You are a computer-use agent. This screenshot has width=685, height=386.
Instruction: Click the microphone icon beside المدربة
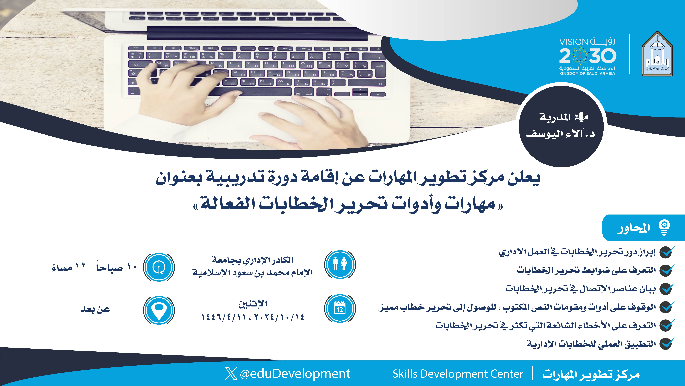581,117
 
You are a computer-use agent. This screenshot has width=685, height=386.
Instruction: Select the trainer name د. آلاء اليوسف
560,133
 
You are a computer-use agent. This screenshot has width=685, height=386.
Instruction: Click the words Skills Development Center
458,374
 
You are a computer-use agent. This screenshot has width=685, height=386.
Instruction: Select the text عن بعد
95,309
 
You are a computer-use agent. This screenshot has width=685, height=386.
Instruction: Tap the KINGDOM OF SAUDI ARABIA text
587,73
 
